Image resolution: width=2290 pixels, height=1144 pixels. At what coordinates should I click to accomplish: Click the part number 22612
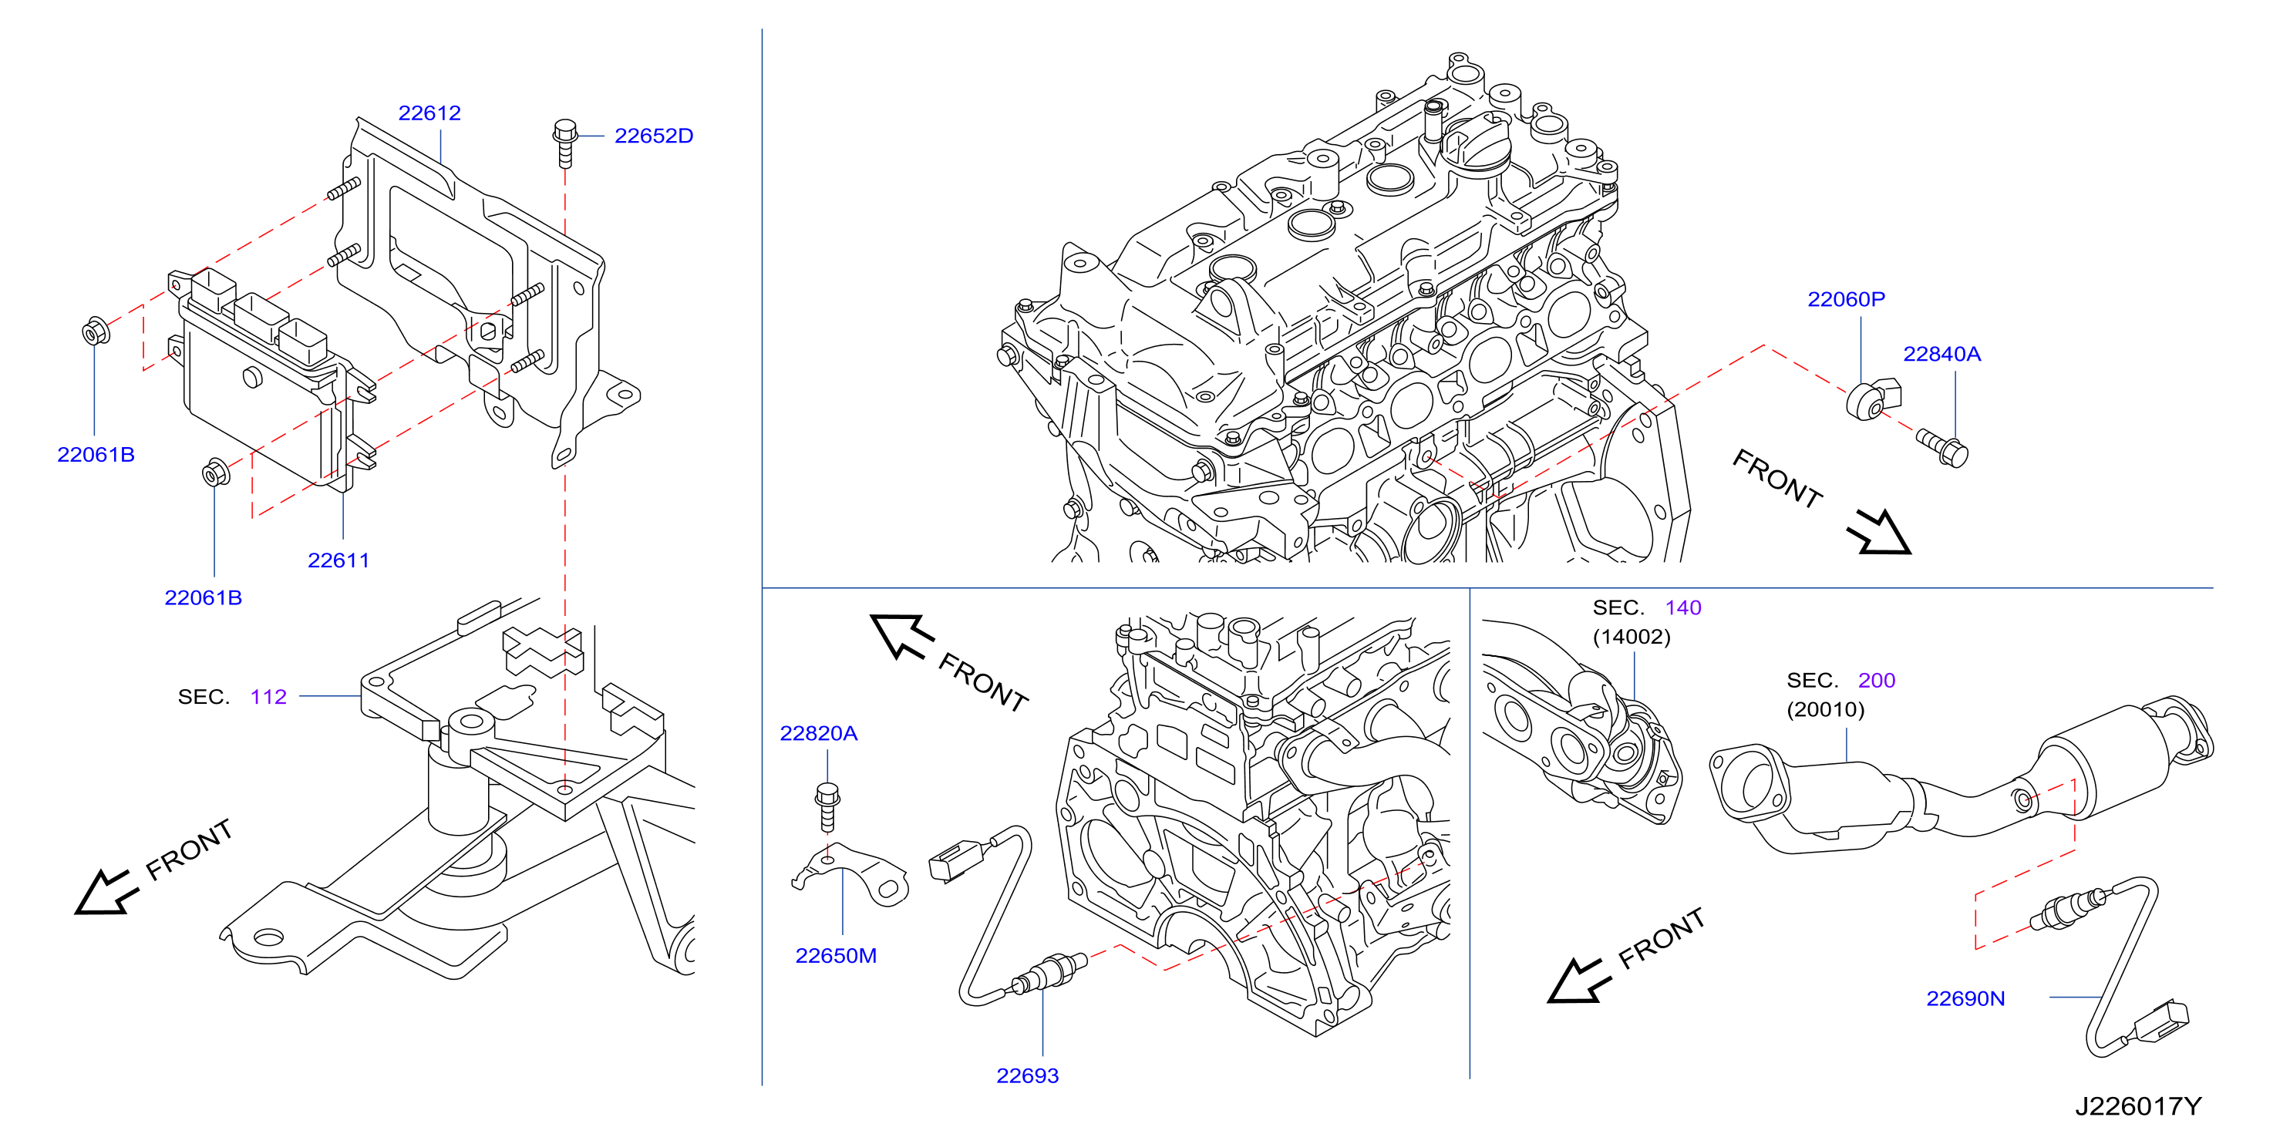[x=429, y=113]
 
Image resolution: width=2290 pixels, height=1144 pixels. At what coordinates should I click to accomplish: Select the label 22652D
[x=653, y=136]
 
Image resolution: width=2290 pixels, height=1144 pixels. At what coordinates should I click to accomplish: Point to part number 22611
[x=338, y=560]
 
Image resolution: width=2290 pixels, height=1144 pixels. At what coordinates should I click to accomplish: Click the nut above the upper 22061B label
[x=95, y=331]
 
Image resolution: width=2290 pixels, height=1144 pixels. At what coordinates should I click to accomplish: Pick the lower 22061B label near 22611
[x=203, y=597]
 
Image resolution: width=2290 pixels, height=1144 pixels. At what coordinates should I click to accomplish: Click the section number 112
[x=268, y=697]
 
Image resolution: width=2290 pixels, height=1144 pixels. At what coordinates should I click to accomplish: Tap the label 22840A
[x=1941, y=354]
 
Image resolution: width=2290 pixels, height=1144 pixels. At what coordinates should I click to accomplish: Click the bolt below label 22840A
[x=1943, y=447]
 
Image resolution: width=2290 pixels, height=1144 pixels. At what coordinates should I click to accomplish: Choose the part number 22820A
[x=818, y=733]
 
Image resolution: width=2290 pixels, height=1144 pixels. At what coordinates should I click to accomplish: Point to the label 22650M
[x=836, y=956]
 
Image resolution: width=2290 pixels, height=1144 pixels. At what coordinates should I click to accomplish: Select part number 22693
[x=1027, y=1075]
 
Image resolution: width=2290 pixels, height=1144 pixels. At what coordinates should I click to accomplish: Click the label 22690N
[x=1965, y=998]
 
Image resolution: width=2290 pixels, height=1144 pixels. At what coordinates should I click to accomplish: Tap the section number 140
[x=1683, y=608]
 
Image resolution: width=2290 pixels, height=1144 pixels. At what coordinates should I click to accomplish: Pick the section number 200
[x=1877, y=681]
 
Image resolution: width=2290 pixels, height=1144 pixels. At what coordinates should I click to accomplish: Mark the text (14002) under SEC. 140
[x=1632, y=637]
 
